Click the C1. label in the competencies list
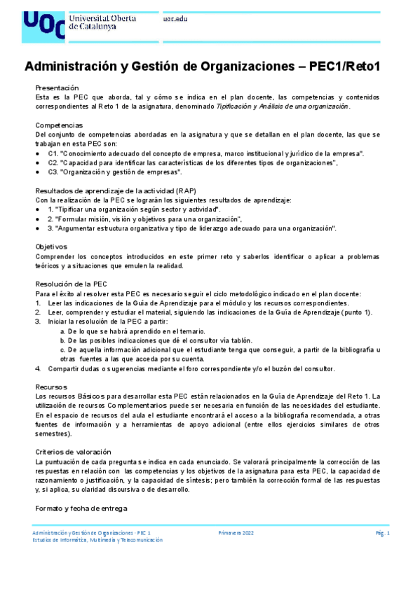tap(53, 153)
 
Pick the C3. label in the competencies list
tap(53, 172)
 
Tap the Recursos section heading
tap(51, 387)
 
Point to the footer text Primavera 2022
tap(236, 533)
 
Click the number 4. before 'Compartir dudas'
tap(38, 368)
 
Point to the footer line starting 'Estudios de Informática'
tap(98, 540)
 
